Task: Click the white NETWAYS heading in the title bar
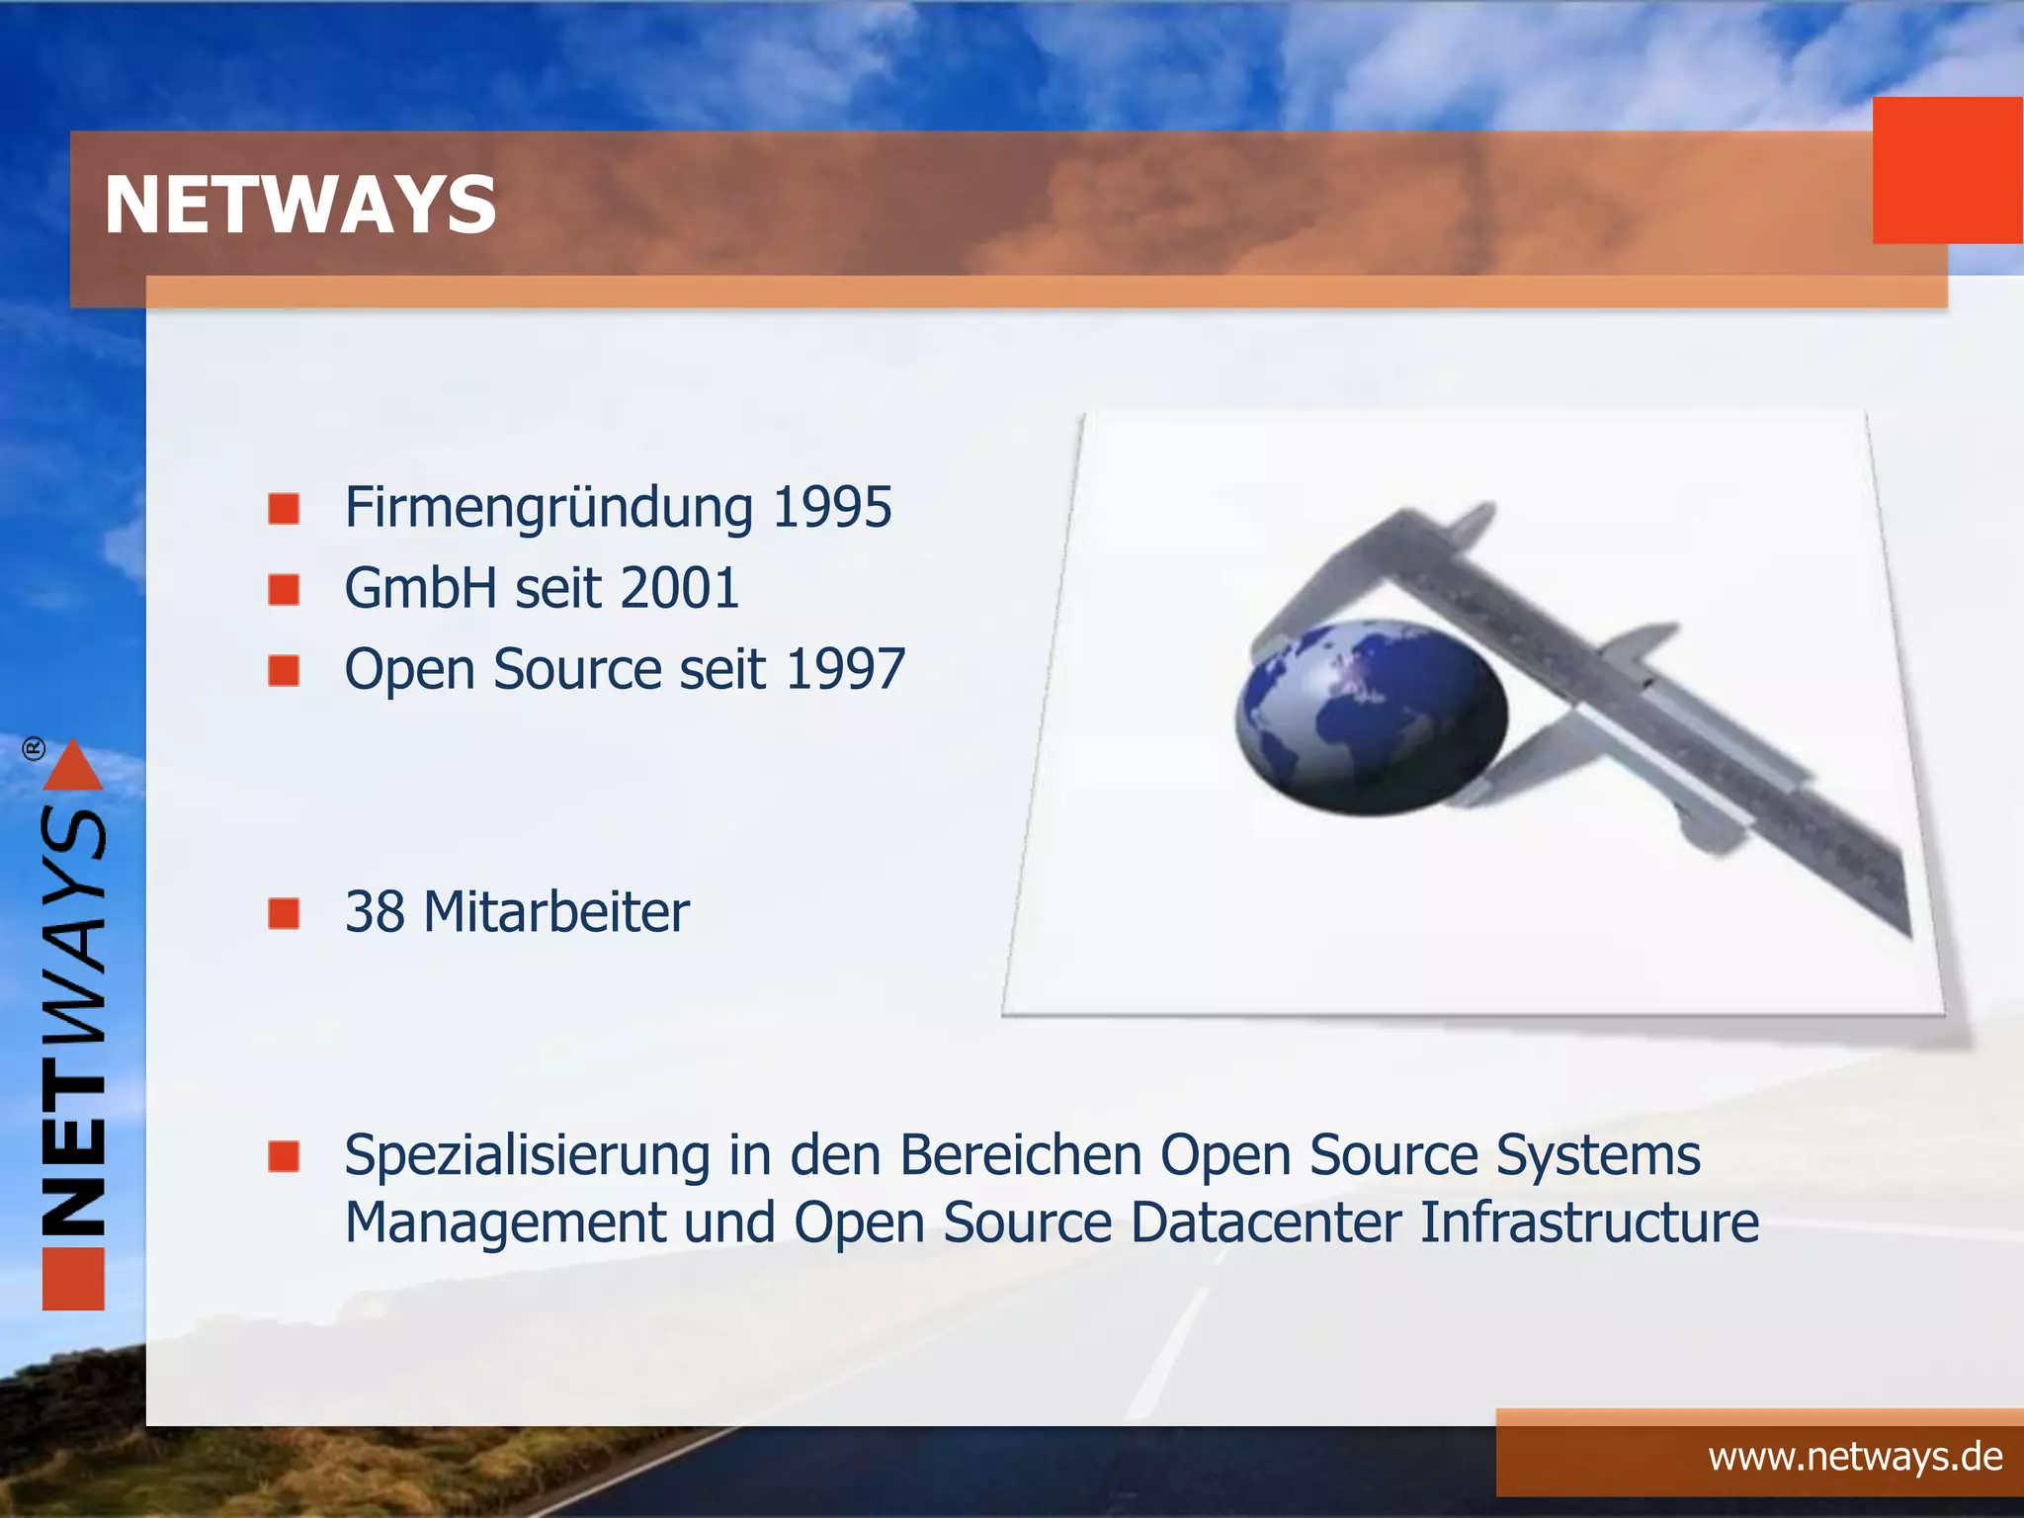pos(300,205)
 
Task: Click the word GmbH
pos(421,589)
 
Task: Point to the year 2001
pos(679,589)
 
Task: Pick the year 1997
pos(845,669)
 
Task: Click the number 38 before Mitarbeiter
pos(375,911)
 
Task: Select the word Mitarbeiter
pos(556,911)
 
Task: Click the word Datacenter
pos(1266,1223)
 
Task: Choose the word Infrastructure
pos(1589,1223)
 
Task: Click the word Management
pos(505,1223)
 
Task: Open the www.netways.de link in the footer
pos(1855,1458)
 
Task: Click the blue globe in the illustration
pos(1372,717)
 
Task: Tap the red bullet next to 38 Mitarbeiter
pos(284,913)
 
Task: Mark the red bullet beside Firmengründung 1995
pos(284,509)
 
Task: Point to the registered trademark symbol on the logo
pos(34,748)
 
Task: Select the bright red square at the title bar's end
pos(1947,170)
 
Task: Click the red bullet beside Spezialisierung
pos(284,1155)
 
